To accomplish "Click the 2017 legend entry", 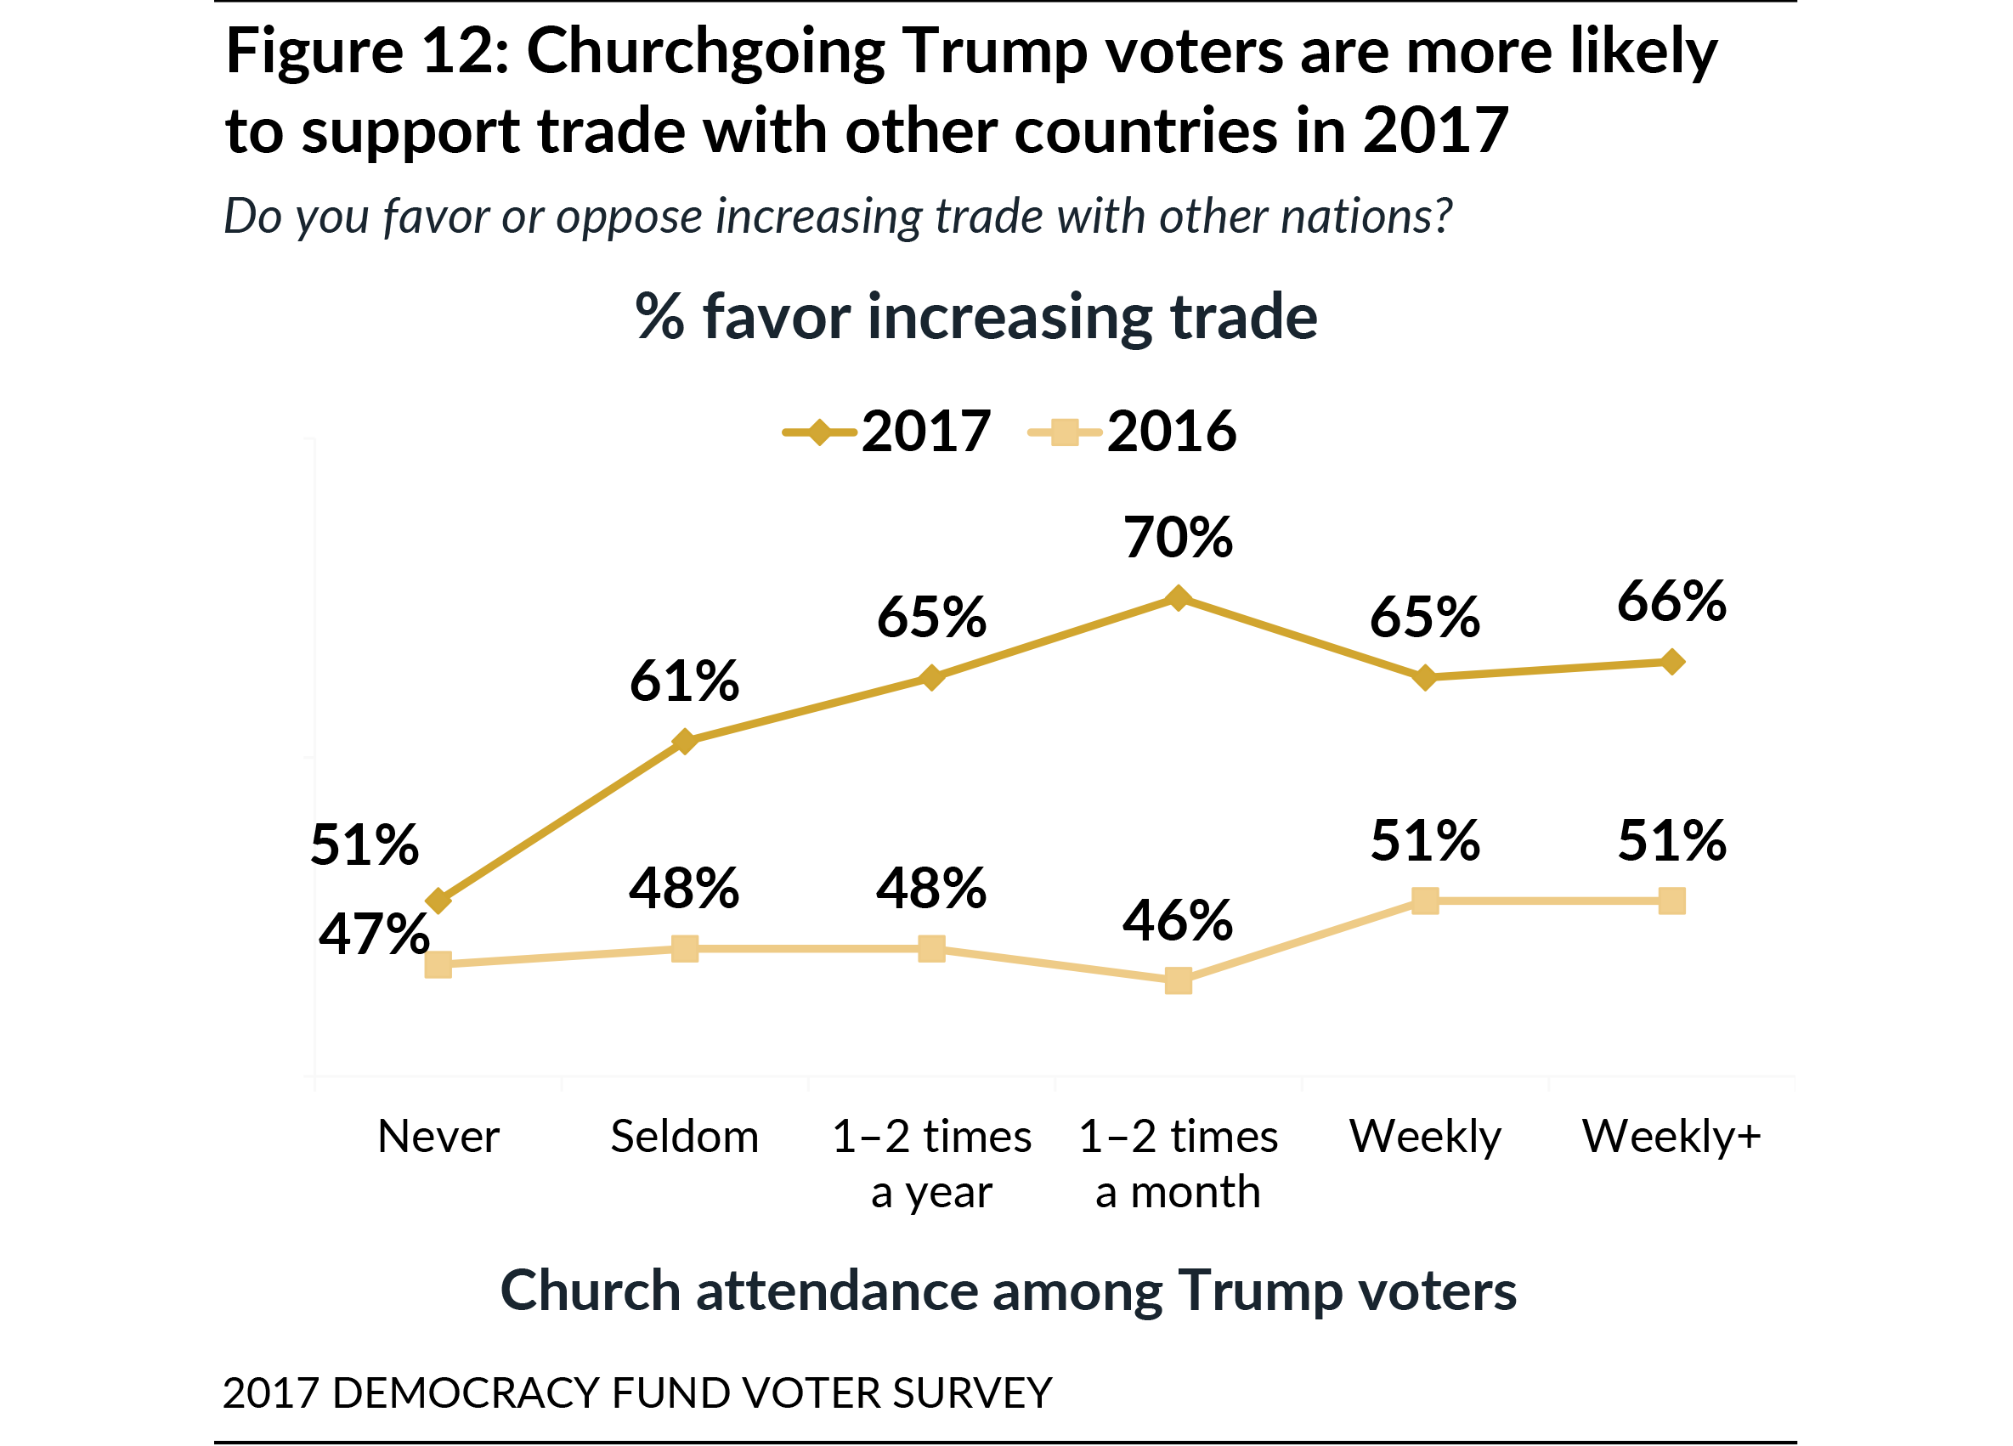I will click(888, 432).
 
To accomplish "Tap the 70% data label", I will click(1178, 538).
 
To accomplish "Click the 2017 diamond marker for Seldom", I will click(684, 741).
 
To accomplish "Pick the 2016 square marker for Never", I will click(438, 965).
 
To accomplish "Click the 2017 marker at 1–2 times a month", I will click(1178, 598).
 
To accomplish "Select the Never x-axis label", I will click(438, 1137).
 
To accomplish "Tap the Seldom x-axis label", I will click(684, 1137).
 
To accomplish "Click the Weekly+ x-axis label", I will click(1671, 1137).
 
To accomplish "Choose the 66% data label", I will click(1671, 602).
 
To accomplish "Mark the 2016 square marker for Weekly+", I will click(1672, 901).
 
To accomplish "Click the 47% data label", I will click(374, 935).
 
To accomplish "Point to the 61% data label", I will click(684, 681).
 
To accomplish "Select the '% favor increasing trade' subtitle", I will click(976, 317).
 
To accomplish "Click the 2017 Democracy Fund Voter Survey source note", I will click(636, 1392).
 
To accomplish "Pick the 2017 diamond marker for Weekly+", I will click(1672, 662).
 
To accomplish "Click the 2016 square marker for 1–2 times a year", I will click(931, 949).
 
